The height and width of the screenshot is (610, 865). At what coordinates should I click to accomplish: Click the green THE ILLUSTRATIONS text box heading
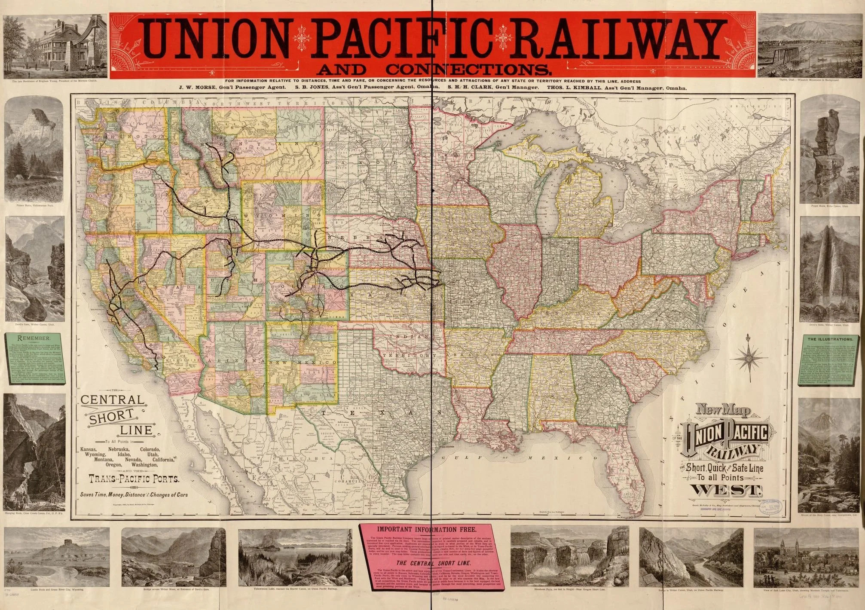(824, 339)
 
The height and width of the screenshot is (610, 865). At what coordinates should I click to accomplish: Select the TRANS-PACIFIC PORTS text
(134, 478)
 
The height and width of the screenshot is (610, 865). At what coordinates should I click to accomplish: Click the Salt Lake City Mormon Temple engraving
(804, 558)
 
